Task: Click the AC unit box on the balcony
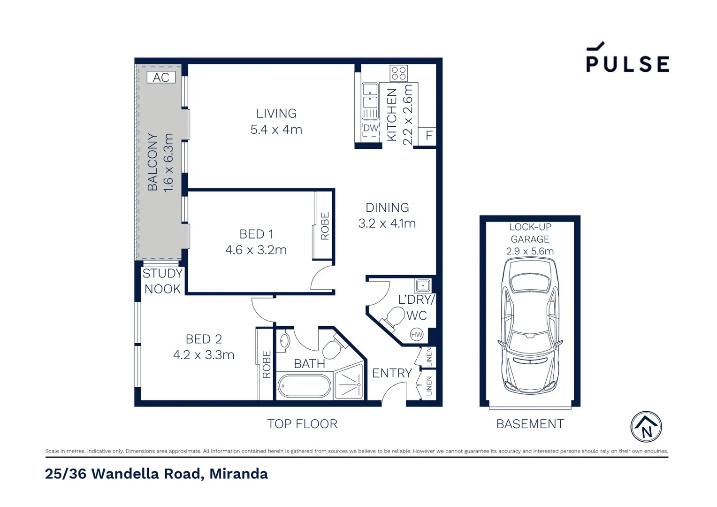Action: (161, 77)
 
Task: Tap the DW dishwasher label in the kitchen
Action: (371, 128)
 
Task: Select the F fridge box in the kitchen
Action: (428, 136)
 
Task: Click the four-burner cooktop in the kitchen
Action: (399, 73)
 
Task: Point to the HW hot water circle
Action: (417, 335)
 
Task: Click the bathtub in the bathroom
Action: (304, 386)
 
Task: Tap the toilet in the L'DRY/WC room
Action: (393, 317)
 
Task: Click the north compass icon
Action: (646, 427)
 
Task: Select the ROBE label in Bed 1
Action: (325, 226)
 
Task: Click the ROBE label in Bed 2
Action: (267, 364)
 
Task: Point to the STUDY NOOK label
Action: (162, 281)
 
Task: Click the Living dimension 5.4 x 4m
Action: (276, 130)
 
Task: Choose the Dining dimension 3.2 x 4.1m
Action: (387, 223)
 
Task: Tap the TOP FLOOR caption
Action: (302, 424)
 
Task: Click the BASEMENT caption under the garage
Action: (530, 424)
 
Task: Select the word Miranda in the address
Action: (238, 474)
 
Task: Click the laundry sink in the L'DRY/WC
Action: (422, 285)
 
